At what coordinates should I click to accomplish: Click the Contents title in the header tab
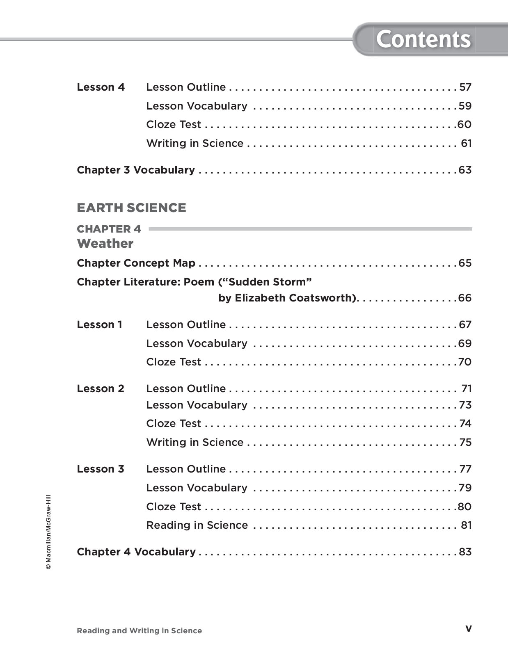point(423,39)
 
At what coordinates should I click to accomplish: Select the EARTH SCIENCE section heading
point(131,208)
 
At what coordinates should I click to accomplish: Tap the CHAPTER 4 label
point(109,229)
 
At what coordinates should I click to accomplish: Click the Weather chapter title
point(105,244)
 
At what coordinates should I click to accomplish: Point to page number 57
point(465,87)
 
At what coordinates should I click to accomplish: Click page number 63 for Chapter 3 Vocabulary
point(465,170)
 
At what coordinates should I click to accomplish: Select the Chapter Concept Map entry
point(136,263)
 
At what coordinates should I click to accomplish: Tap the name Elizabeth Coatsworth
point(294,298)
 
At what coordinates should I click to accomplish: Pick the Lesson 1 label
point(99,325)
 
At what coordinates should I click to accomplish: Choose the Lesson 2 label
point(100,389)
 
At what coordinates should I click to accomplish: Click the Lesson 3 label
point(100,469)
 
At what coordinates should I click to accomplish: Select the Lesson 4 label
point(101,87)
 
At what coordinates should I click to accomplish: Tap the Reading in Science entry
point(197,525)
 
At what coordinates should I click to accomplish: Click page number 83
point(465,552)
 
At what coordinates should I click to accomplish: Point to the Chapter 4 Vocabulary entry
point(136,552)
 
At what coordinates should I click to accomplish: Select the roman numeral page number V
point(469,629)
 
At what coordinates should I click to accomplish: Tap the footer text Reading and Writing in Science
point(139,631)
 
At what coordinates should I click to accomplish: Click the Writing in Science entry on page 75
point(195,443)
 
